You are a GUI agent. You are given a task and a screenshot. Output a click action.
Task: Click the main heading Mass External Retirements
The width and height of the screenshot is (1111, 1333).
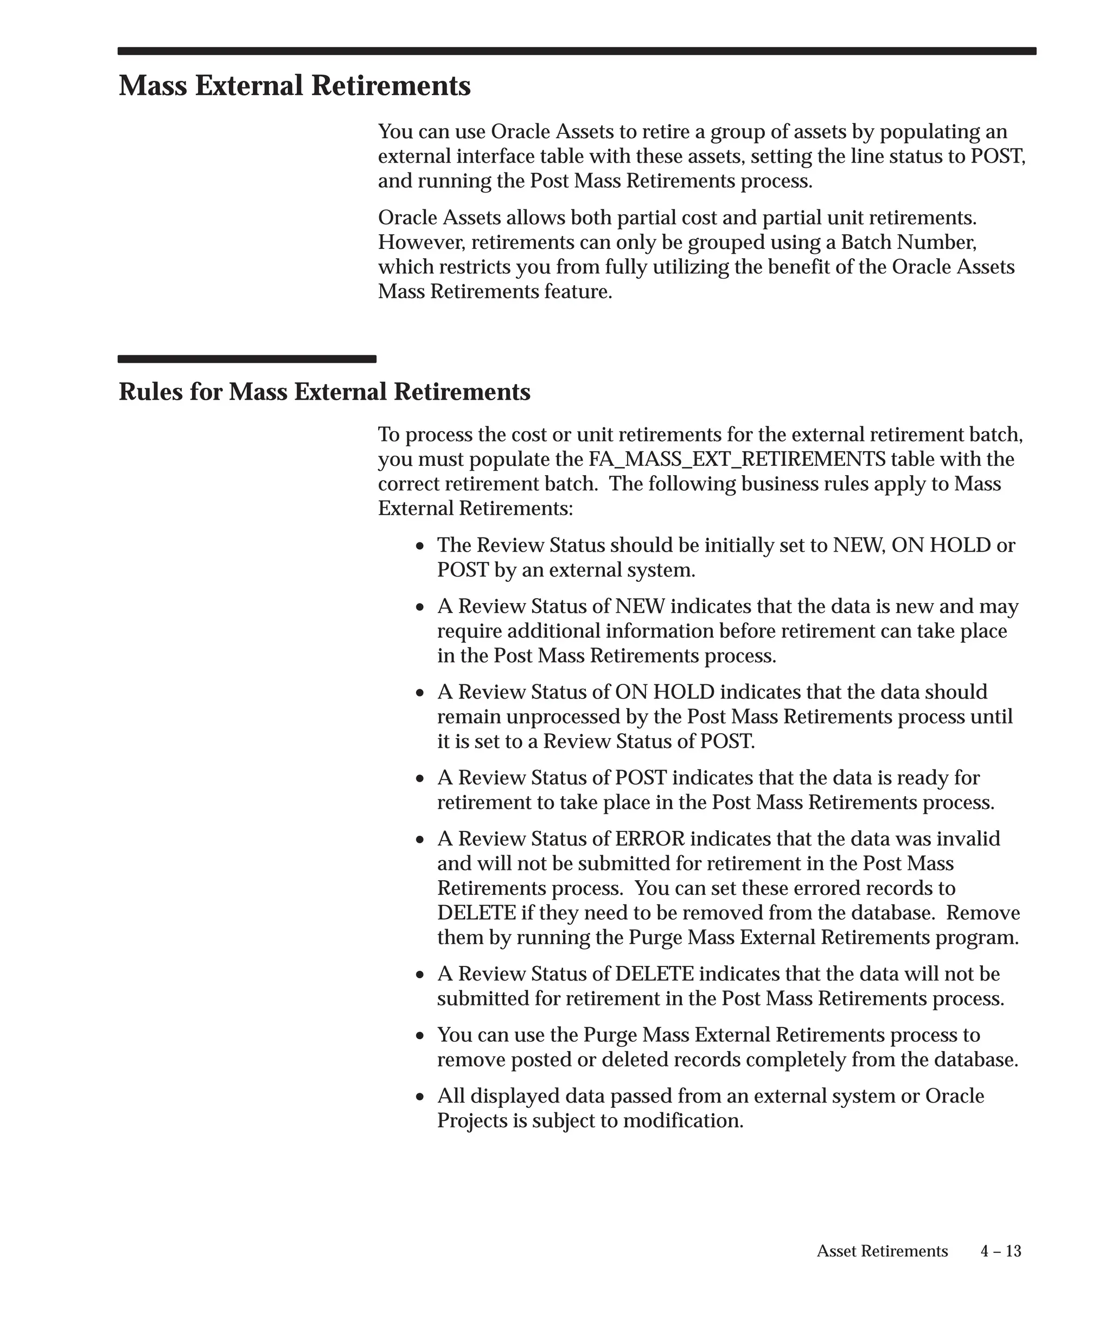coord(295,86)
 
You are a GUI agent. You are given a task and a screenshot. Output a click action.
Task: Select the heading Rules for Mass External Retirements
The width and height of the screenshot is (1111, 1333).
coord(324,392)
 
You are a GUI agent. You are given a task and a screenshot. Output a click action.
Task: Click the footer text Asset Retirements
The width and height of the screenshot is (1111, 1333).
coord(882,1251)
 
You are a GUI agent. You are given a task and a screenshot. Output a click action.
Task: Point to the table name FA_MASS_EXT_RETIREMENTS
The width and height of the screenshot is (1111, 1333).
coord(737,459)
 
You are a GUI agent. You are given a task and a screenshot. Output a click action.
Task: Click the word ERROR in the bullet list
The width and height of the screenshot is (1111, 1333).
coord(649,838)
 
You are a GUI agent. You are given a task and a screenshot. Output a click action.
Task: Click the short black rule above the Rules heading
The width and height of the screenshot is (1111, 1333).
coord(247,359)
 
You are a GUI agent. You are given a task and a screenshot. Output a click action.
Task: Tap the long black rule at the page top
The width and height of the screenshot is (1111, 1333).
coord(577,51)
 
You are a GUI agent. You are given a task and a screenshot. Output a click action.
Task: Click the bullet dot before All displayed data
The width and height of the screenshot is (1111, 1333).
coord(420,1098)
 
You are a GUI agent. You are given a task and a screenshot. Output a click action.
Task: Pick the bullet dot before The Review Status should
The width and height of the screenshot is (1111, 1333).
coord(420,547)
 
